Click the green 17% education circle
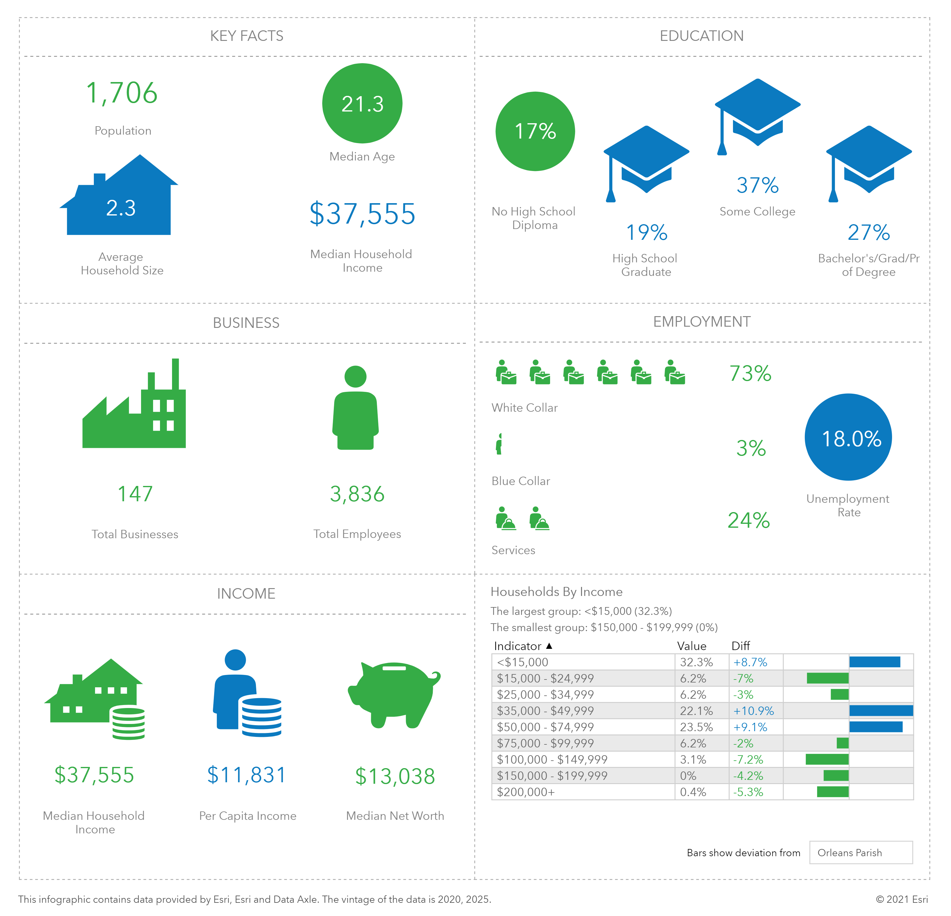(x=535, y=131)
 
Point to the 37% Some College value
(x=757, y=185)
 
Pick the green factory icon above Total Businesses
(x=134, y=407)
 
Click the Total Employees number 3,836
(x=357, y=494)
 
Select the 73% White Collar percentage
(x=750, y=373)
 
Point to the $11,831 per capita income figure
(x=247, y=775)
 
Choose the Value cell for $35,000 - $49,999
(x=696, y=711)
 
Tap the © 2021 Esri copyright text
(x=901, y=899)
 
